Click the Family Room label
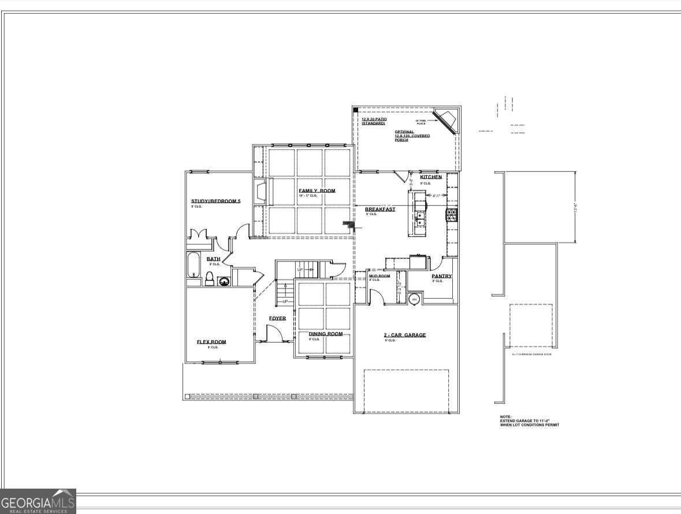[317, 191]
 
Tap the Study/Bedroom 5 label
[215, 201]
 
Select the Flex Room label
[211, 342]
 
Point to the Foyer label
[277, 318]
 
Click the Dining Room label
[325, 334]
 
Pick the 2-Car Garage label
[405, 335]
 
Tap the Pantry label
[441, 276]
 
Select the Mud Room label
[379, 276]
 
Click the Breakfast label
[380, 209]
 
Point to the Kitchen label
[431, 177]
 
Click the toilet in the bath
[209, 277]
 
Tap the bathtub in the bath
[193, 266]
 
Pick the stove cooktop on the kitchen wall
[452, 216]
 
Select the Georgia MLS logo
[38, 501]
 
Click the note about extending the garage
[529, 421]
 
